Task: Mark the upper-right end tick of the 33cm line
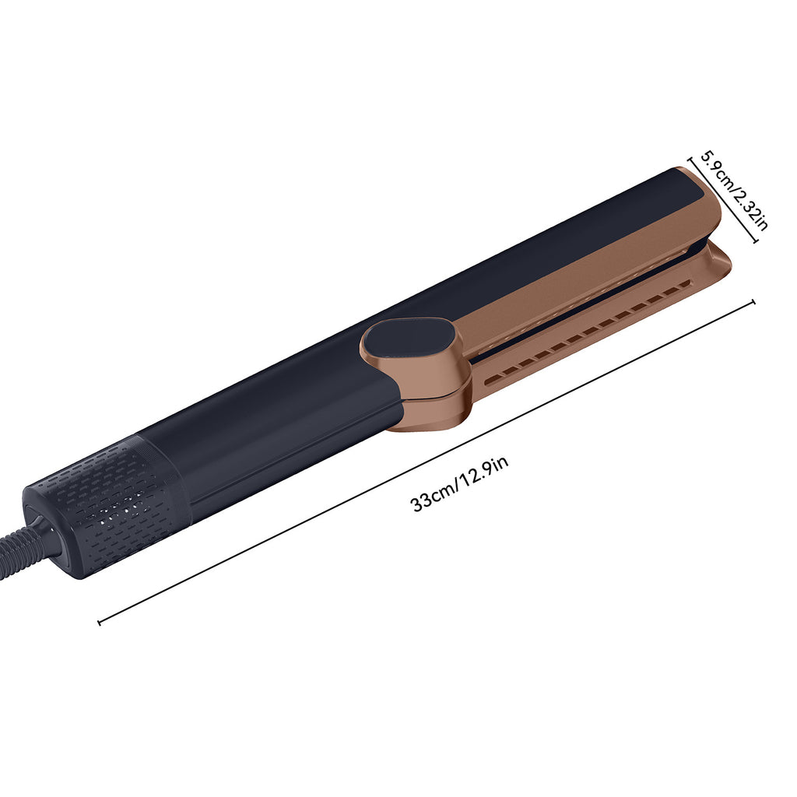(753, 302)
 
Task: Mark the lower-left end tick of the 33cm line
(100, 621)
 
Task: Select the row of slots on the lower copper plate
(592, 331)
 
